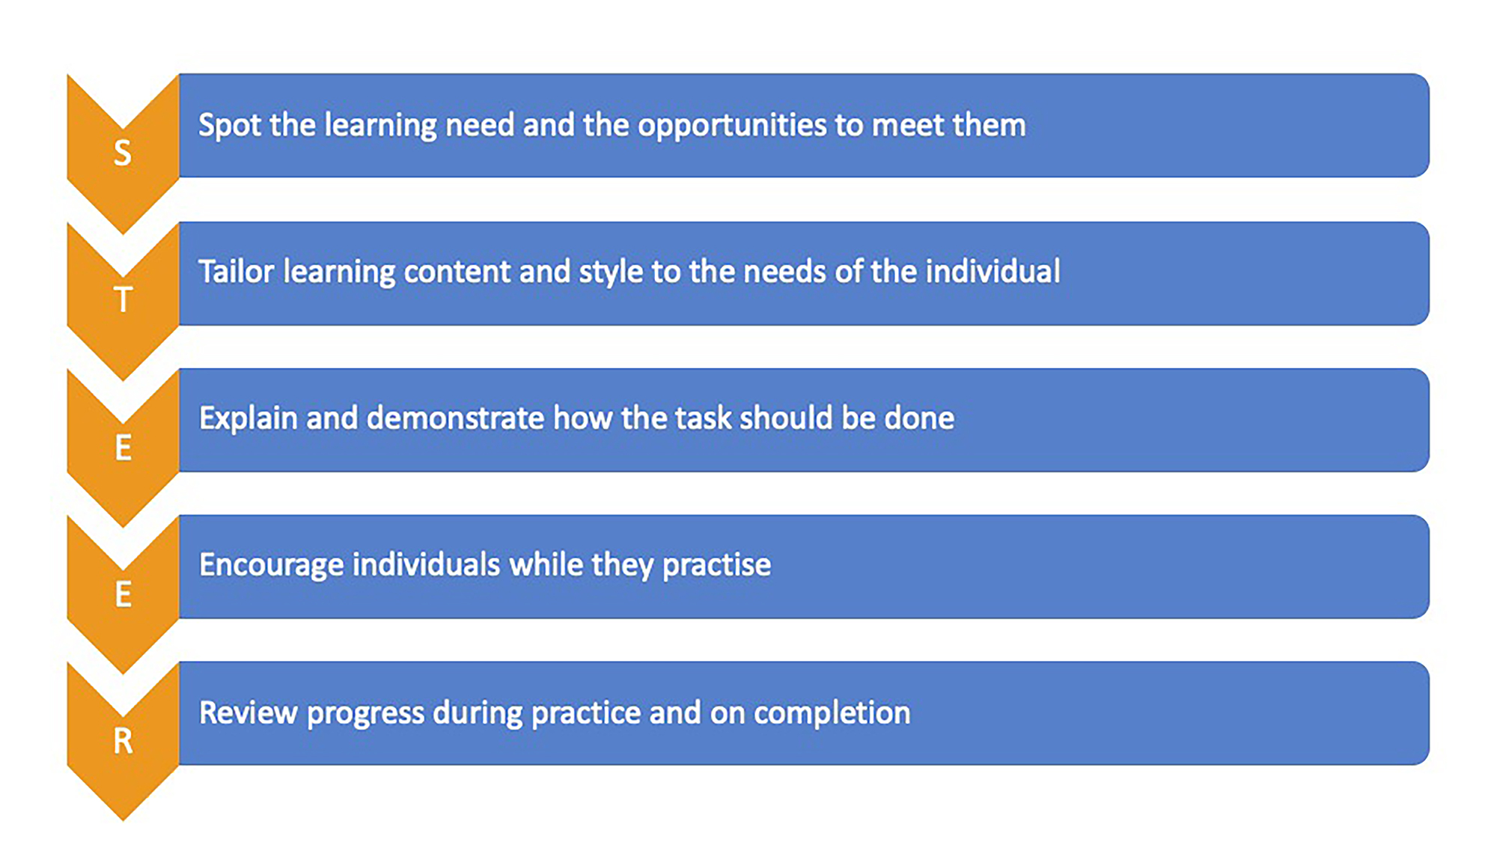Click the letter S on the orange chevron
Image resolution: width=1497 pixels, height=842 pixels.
[122, 153]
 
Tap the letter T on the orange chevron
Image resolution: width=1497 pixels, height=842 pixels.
[123, 300]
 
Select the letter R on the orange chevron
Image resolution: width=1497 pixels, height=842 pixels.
[123, 741]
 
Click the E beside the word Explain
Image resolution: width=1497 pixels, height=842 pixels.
[124, 448]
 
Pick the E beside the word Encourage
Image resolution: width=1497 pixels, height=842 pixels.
[124, 594]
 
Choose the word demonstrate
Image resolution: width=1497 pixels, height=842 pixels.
[455, 418]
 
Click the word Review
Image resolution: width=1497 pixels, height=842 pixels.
[249, 713]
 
